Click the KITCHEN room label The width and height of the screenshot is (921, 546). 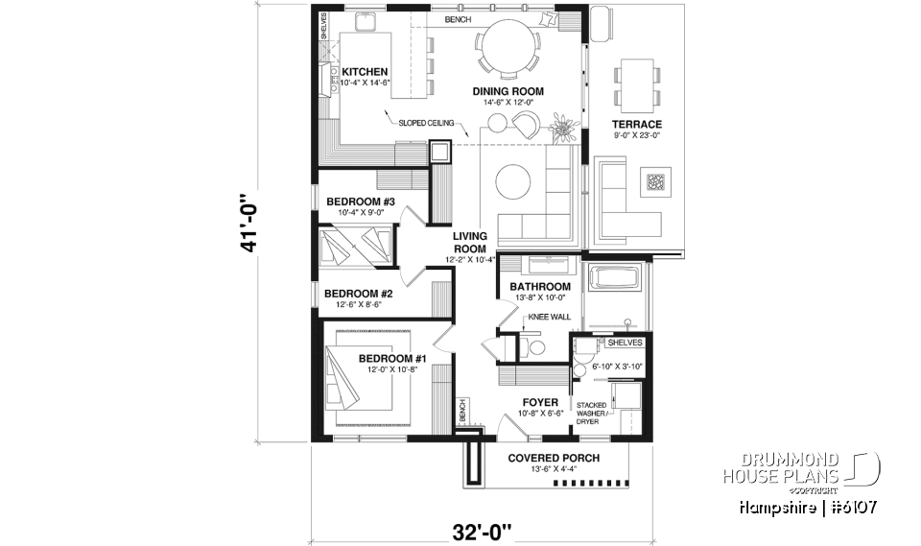pyautogui.click(x=365, y=72)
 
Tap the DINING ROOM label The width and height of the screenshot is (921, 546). pyautogui.click(x=508, y=92)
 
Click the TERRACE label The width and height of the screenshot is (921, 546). pyautogui.click(x=637, y=125)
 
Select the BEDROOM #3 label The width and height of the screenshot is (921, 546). pyautogui.click(x=361, y=202)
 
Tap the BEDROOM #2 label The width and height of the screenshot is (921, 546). pyautogui.click(x=359, y=294)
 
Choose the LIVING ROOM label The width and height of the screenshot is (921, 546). pyautogui.click(x=470, y=242)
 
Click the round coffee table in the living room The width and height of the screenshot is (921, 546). pyautogui.click(x=513, y=183)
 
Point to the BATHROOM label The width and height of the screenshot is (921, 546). pyautogui.click(x=540, y=287)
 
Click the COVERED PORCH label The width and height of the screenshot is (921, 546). pyautogui.click(x=554, y=459)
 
